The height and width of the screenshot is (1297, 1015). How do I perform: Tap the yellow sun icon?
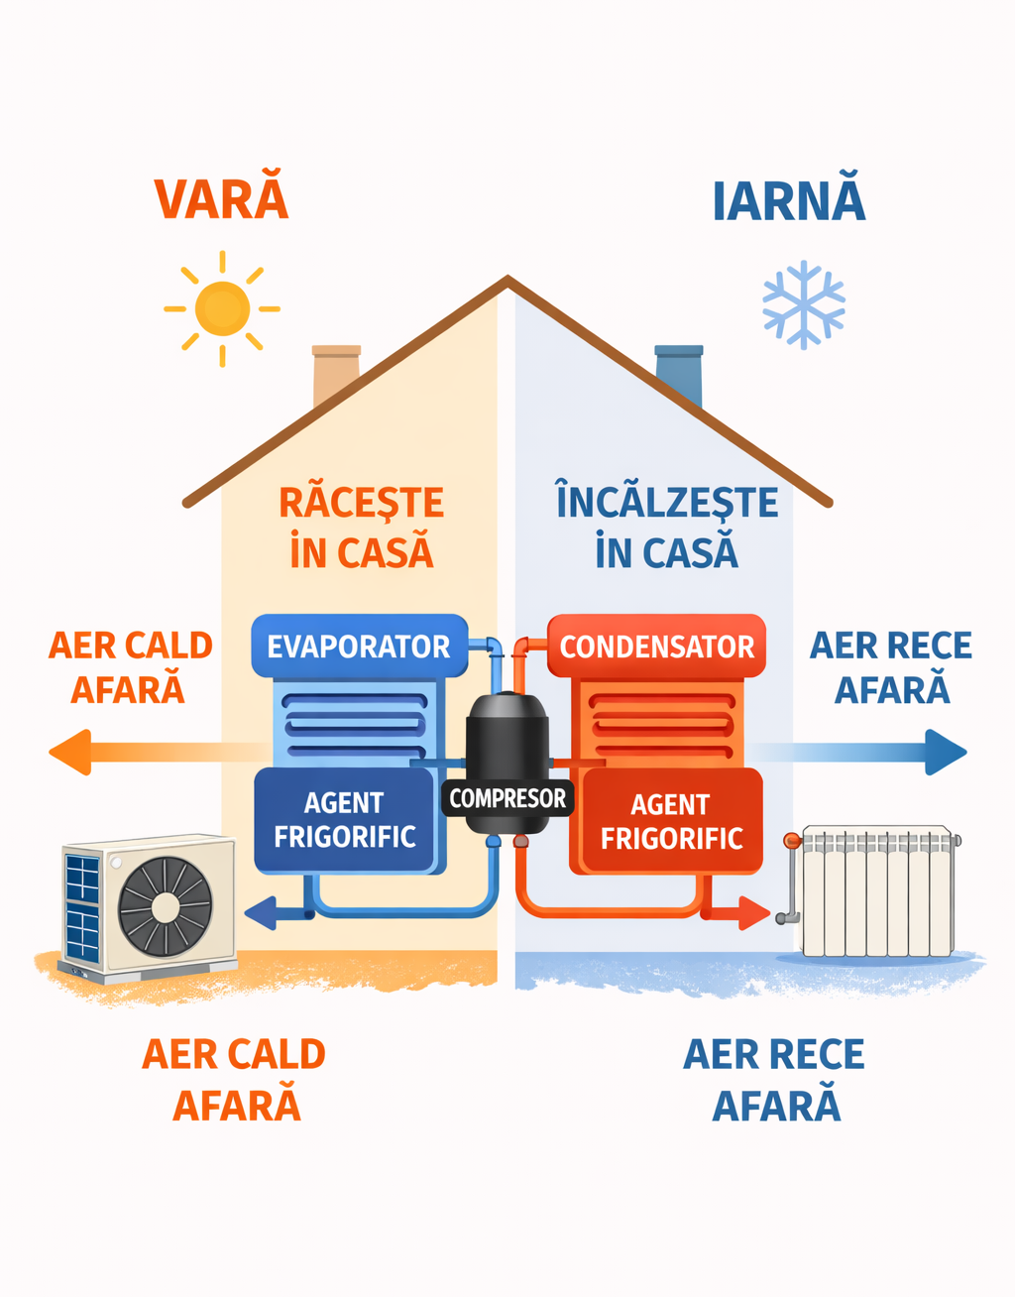pos(222,308)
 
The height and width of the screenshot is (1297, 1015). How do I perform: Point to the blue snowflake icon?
pos(803,304)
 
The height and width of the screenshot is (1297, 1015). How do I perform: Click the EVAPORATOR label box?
pos(358,647)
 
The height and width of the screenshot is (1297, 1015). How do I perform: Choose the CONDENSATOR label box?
pos(656,647)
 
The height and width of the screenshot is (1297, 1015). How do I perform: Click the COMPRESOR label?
pos(507,798)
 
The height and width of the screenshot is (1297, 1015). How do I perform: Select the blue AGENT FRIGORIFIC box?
pos(344,820)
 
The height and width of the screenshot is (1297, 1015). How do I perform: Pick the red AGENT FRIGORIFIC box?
pos(671,822)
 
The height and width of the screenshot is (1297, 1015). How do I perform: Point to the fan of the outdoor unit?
pos(166,905)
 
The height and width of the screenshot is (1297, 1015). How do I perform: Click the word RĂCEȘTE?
pos(361,503)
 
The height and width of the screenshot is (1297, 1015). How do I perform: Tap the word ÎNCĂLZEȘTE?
pos(667,502)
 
